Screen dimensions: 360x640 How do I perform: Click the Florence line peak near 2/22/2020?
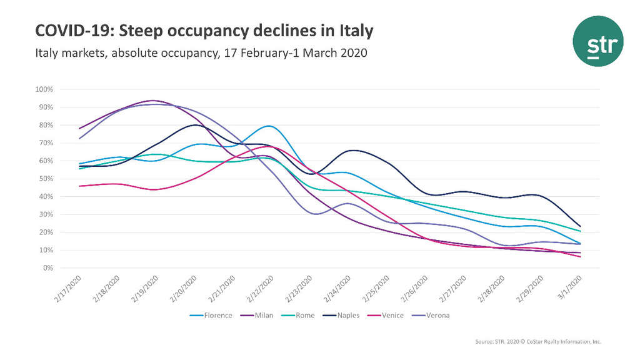[x=268, y=126]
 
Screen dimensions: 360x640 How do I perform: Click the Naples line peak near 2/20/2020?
[x=196, y=125]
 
